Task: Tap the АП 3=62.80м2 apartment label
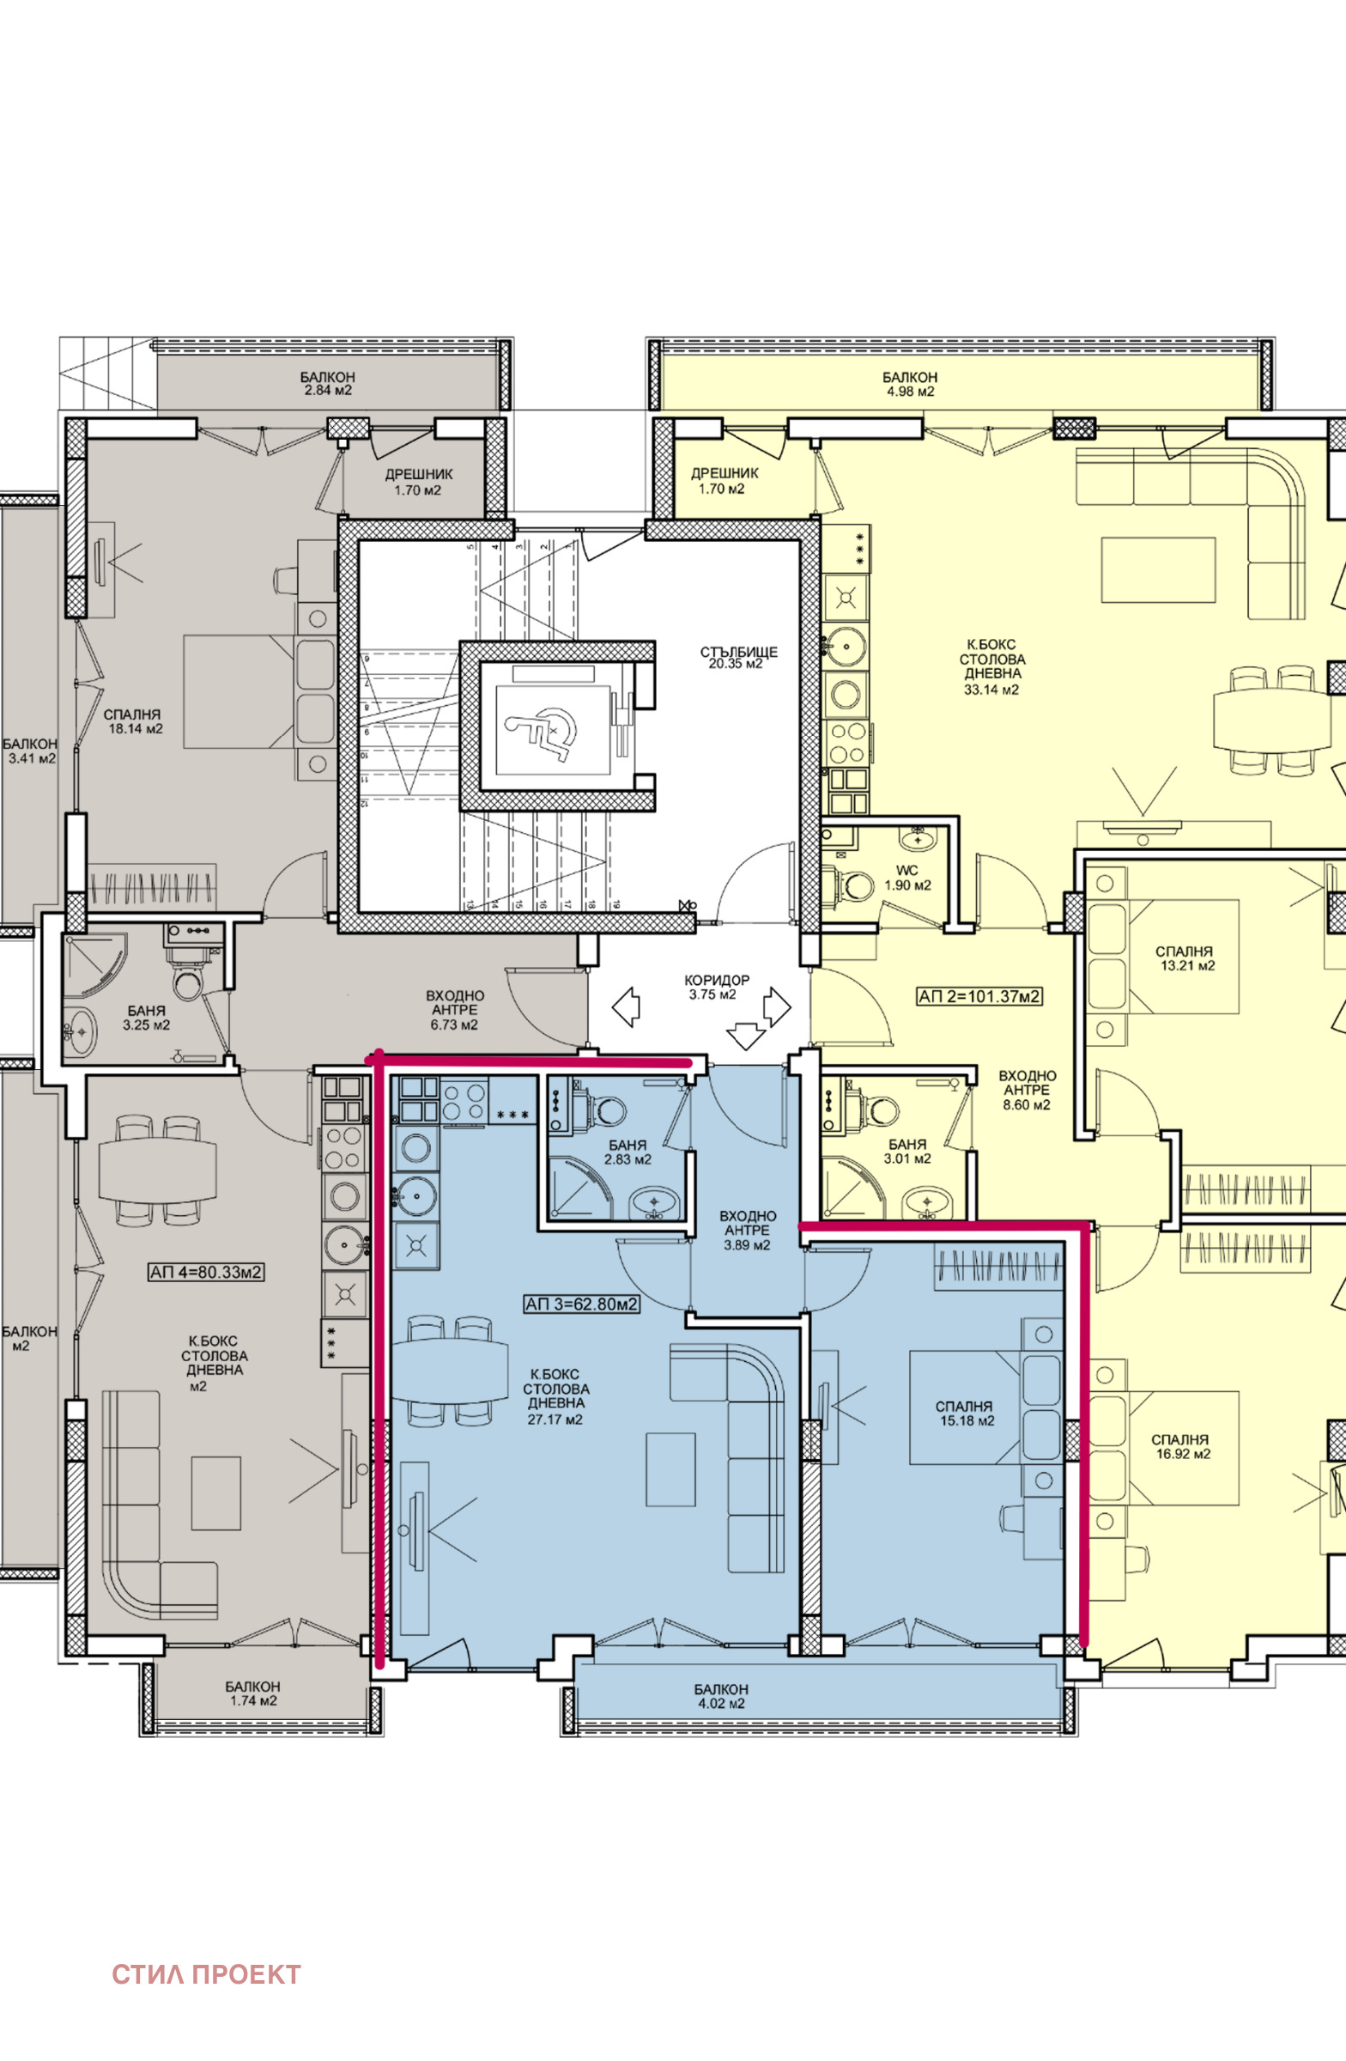point(582,1304)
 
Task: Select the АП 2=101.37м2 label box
point(979,997)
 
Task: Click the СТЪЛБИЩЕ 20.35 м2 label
point(738,657)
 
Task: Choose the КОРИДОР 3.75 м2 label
point(717,988)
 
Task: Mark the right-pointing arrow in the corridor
point(776,1006)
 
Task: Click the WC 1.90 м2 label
point(907,879)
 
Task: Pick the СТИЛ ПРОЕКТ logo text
point(206,1974)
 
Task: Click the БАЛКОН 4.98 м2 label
point(910,385)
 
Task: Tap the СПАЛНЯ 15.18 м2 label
point(965,1414)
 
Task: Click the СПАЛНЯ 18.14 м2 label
point(132,721)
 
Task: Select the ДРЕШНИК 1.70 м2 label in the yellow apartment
point(724,481)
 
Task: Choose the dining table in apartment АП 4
point(158,1170)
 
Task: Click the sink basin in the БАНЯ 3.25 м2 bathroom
point(81,1031)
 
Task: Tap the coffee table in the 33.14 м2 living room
point(1158,570)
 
